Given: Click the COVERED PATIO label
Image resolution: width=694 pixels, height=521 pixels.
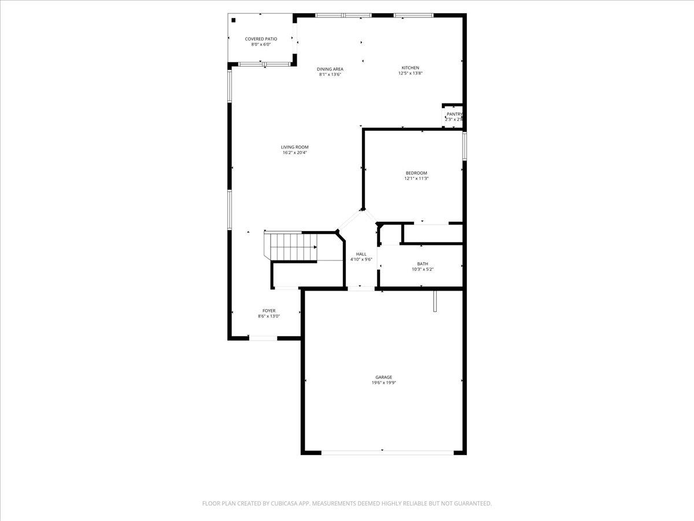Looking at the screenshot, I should pos(261,39).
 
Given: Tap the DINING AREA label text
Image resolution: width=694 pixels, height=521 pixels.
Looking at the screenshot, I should pos(330,69).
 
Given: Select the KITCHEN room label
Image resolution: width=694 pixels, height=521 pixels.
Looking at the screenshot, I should pos(411,68).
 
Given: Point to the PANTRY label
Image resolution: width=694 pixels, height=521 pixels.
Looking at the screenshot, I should pos(454,114).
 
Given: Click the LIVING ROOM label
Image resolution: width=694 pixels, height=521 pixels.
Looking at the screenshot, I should pos(295,147).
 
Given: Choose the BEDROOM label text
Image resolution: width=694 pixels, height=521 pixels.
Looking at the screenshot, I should pos(416,173).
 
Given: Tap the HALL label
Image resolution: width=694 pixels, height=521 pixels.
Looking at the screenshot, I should pos(361,254).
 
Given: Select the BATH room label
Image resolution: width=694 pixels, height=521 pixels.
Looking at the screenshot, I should pos(423,264).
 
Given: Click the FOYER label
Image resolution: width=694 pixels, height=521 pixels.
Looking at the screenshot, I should pos(269,311).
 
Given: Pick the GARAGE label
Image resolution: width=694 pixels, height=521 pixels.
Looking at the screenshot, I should pos(383,377).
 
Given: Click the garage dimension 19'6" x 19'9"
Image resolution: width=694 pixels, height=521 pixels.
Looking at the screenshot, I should pos(383,383).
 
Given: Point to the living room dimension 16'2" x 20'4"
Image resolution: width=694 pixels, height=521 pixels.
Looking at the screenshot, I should pos(295,153).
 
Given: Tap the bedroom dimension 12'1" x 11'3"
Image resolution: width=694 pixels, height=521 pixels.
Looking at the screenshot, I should pos(416,178).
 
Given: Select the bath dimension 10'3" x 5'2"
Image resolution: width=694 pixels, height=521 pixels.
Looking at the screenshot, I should pos(423,269).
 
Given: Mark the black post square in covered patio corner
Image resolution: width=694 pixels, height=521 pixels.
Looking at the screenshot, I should pos(234,20).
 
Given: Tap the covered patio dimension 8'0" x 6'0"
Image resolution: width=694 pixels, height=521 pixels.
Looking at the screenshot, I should pos(261,45).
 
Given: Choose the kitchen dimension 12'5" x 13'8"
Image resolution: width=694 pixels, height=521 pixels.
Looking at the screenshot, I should pos(411,74).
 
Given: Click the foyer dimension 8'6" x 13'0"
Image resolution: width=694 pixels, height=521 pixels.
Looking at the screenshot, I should pos(269,316).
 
